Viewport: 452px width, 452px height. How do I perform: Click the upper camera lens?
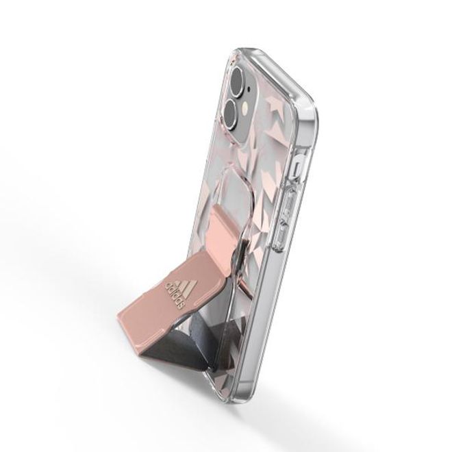239,77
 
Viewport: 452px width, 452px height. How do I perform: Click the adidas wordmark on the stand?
175,294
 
